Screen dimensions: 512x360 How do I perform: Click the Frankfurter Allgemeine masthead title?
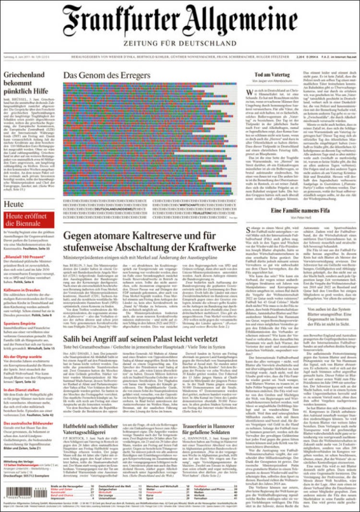(180, 22)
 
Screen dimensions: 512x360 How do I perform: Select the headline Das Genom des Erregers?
(107, 76)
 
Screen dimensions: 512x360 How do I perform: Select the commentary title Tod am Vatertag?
(272, 75)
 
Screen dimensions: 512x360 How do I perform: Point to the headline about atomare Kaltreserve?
(150, 241)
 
